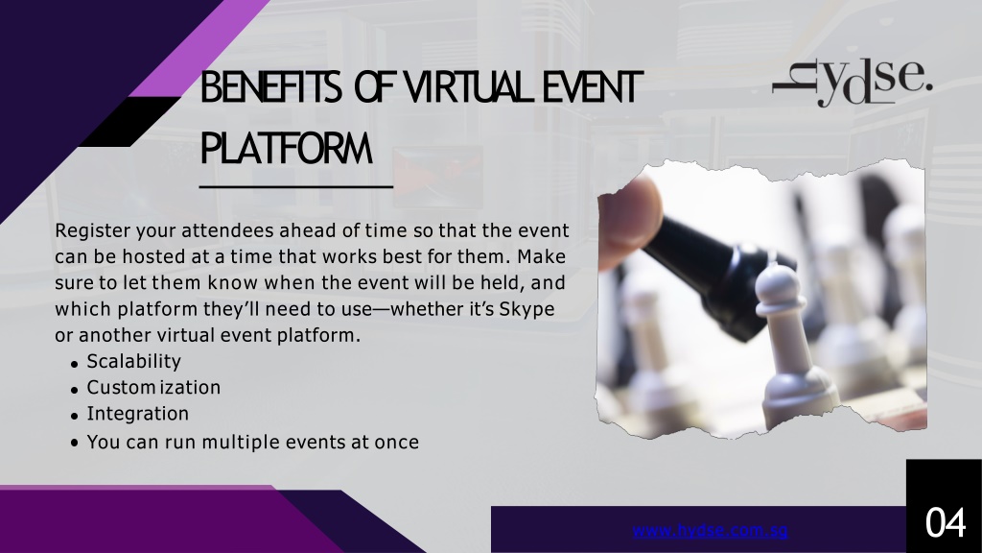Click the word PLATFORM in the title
pos(286,149)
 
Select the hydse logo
pos(852,82)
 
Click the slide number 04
pos(945,522)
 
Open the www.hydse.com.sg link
pos(710,530)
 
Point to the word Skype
pos(526,309)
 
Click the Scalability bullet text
pos(133,362)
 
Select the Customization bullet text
pos(153,388)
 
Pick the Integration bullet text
pos(138,414)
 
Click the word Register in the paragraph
pos(92,231)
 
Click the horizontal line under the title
pos(295,187)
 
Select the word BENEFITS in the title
pos(270,87)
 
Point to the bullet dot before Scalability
pos(75,364)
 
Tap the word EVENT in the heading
pos(593,87)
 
